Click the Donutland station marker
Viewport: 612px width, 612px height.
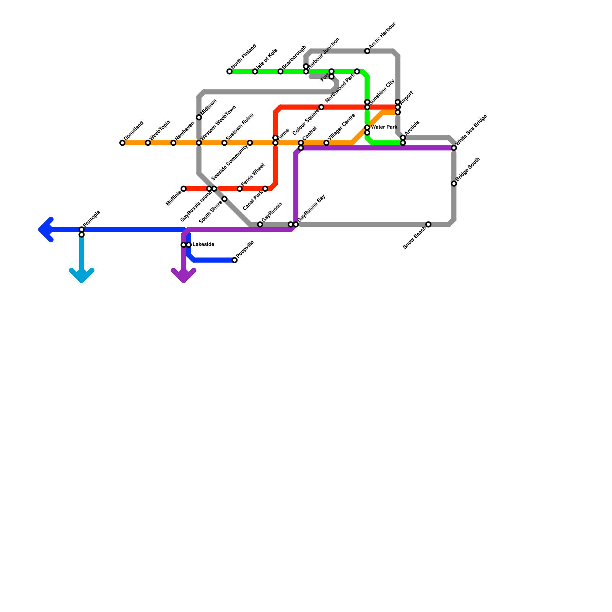point(122,143)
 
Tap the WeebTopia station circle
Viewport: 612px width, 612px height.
point(148,143)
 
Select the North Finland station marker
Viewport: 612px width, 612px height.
point(229,72)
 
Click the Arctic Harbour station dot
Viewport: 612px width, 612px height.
point(367,51)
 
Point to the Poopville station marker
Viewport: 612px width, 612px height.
point(235,260)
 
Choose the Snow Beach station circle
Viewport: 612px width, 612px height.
point(428,225)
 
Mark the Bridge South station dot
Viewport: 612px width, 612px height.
point(454,184)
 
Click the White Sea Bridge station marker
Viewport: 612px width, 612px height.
point(454,148)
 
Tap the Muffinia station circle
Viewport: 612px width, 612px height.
point(184,189)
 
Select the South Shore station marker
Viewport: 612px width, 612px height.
point(225,199)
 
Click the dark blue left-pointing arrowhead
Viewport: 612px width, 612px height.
point(44,229)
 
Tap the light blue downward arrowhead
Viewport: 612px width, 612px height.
point(81,276)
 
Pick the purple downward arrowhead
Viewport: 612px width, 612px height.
point(184,276)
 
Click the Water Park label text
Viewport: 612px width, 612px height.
point(384,127)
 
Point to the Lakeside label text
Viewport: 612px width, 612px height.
point(203,245)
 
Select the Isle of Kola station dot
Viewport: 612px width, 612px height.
point(255,72)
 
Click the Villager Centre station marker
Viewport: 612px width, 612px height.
point(326,143)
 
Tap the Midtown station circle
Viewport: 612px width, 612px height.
point(199,117)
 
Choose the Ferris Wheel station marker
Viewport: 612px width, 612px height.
point(240,189)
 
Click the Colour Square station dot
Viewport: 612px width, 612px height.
point(321,107)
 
